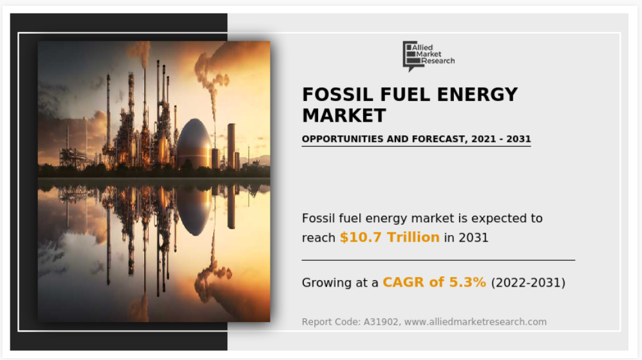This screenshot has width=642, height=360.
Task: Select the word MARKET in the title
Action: click(x=344, y=115)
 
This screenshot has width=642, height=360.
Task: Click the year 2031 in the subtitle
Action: click(x=518, y=139)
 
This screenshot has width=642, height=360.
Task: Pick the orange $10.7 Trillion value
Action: click(x=390, y=237)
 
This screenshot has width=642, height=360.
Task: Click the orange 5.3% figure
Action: click(x=467, y=282)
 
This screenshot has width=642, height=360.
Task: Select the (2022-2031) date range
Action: click(x=528, y=283)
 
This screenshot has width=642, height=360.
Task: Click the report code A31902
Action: click(x=381, y=322)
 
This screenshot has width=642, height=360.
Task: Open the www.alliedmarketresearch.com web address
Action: click(x=475, y=322)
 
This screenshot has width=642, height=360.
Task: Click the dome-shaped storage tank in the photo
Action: click(x=194, y=144)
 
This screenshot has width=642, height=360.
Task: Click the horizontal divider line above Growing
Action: click(x=439, y=260)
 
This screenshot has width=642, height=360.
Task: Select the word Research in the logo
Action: click(x=438, y=61)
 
